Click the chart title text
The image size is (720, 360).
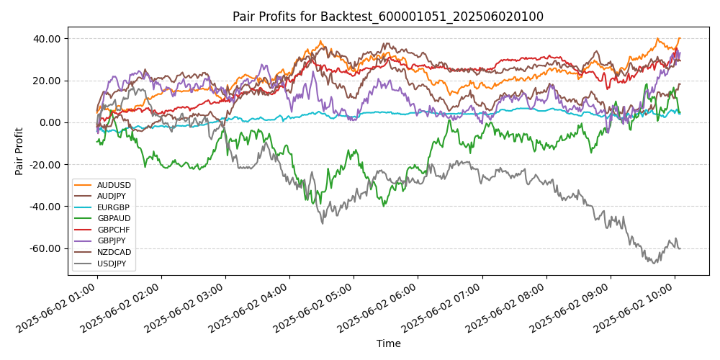[x=387, y=17]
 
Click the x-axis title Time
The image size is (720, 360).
[x=388, y=344]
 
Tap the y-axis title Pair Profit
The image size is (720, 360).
[x=19, y=151]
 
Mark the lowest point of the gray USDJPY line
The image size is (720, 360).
[x=654, y=263]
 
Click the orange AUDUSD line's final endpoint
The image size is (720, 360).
[x=679, y=38]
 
